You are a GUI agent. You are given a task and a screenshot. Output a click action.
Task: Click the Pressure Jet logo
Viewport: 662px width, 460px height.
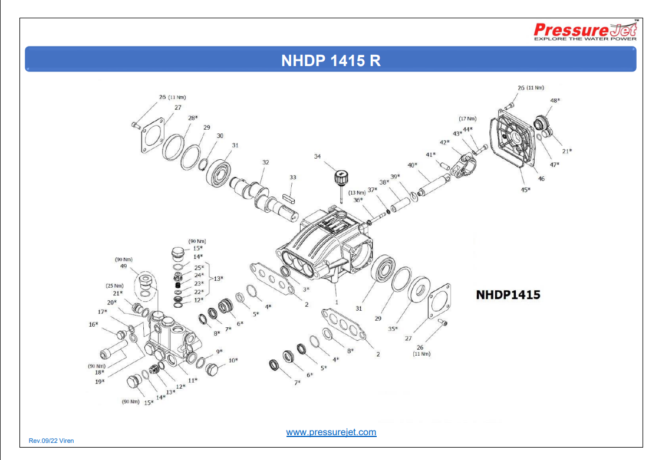tap(585, 31)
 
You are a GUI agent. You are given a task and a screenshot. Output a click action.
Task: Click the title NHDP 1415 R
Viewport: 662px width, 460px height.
tap(331, 61)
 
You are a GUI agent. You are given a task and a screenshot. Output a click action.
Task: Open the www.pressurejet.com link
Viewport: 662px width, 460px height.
tap(331, 432)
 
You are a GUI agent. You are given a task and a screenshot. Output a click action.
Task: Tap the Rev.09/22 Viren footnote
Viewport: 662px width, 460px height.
tap(51, 441)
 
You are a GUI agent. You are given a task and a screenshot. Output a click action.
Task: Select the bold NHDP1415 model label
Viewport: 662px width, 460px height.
tap(508, 294)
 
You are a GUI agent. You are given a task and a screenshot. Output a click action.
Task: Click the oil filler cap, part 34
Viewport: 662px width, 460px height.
tap(340, 177)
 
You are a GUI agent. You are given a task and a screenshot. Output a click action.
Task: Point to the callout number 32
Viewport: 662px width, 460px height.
tap(266, 162)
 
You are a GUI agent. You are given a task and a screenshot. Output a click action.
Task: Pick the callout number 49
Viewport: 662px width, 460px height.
tap(124, 266)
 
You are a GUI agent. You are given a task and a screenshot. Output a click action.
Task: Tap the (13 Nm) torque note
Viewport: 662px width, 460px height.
tap(357, 192)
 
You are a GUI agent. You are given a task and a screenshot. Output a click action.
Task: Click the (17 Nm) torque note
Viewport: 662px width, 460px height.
tap(467, 119)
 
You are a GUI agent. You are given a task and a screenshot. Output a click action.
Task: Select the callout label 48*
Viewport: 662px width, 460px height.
tap(555, 100)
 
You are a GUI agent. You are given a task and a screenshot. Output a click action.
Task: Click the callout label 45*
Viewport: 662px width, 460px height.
tap(525, 189)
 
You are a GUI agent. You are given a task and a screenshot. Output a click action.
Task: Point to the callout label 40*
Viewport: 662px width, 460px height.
tap(412, 165)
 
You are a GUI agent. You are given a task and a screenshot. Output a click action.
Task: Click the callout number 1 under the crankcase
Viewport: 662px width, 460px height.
tap(336, 301)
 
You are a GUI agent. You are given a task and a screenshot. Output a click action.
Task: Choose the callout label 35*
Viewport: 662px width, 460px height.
tap(393, 328)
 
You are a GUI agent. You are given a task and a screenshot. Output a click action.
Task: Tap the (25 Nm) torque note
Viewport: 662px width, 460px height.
tap(114, 285)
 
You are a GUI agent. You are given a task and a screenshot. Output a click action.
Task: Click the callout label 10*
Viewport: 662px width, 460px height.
tap(233, 360)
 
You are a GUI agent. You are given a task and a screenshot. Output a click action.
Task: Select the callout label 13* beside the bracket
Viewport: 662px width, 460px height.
tap(218, 278)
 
